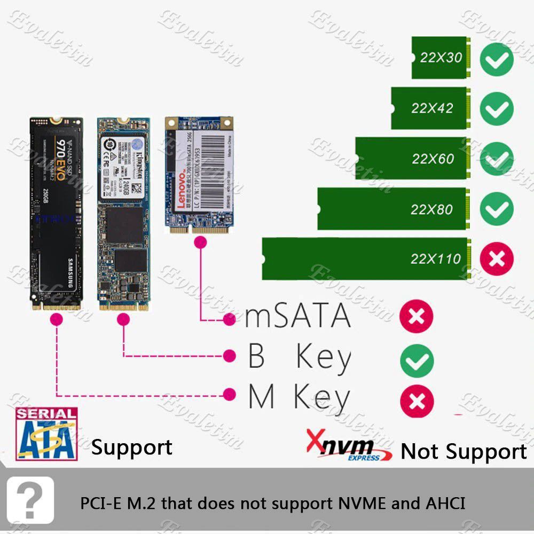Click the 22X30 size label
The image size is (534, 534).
pos(441,58)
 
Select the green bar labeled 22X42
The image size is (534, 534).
pos(430,108)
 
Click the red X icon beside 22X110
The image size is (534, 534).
pos(497,259)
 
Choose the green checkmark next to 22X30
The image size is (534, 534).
pos(497,59)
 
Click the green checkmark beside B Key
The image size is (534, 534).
pos(417,361)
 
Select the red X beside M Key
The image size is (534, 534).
pos(417,401)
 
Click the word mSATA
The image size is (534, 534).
pos(298,317)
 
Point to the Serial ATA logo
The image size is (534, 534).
pos(46,434)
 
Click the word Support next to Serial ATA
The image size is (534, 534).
pos(132,447)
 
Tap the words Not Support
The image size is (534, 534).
pos(464,452)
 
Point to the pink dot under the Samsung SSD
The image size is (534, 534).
pos(56,319)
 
